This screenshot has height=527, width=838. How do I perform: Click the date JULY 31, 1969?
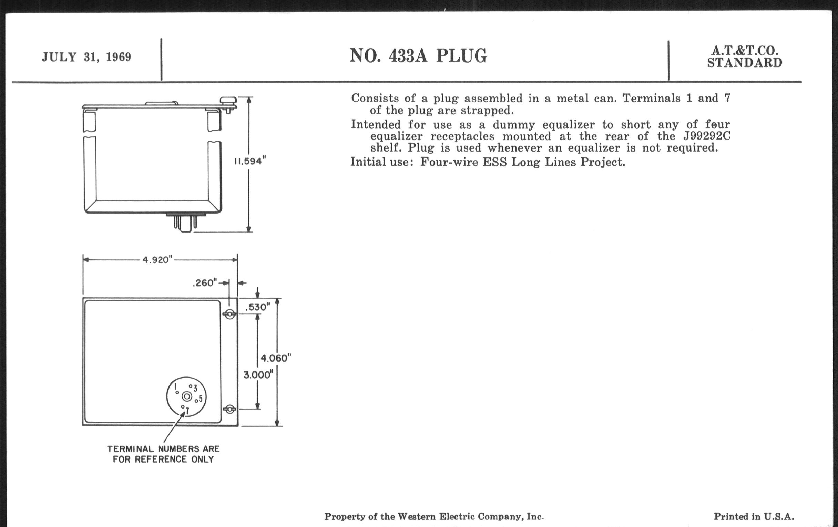click(x=86, y=57)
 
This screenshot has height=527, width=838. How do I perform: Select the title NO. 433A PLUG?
click(x=418, y=56)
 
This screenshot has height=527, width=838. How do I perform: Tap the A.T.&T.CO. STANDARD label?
click(x=744, y=57)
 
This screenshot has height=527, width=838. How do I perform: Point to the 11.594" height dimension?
click(x=250, y=162)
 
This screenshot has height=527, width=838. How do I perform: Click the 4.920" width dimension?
click(x=157, y=260)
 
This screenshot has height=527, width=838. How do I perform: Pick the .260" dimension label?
click(x=205, y=283)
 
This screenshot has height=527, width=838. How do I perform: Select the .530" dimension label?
click(x=257, y=307)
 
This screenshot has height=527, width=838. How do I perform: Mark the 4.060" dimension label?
click(x=276, y=358)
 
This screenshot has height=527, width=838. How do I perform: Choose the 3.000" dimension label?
click(x=258, y=375)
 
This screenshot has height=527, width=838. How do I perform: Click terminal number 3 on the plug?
click(x=195, y=388)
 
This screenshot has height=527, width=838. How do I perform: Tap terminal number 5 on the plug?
click(x=200, y=399)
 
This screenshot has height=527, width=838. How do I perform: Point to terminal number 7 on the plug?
click(x=187, y=411)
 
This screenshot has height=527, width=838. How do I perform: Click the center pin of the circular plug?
click(x=187, y=396)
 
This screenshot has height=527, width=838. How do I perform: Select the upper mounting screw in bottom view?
click(x=229, y=314)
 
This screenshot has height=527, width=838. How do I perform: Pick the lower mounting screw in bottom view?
click(x=229, y=409)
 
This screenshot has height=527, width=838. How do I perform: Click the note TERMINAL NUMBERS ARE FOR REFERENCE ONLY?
click(x=163, y=454)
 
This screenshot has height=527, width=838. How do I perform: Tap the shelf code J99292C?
click(x=706, y=136)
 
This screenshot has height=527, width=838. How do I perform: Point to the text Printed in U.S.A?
click(x=754, y=517)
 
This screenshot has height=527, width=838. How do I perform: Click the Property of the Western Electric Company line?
click(x=433, y=517)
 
